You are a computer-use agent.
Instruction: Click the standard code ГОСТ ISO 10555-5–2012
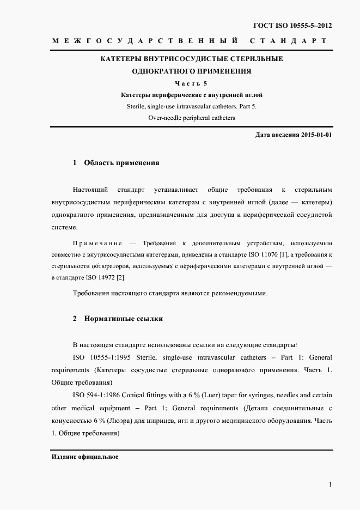(x=292, y=26)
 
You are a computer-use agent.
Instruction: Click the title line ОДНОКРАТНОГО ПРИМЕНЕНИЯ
(x=192, y=71)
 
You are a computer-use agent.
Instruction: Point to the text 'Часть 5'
(x=192, y=83)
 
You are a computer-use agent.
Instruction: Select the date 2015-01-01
(x=316, y=135)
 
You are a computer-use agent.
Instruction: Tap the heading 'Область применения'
(x=121, y=162)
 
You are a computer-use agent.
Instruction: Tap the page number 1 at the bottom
(x=330, y=484)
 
